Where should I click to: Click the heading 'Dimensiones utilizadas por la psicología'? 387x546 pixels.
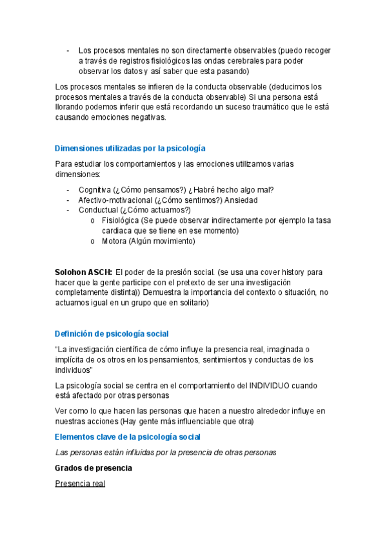130,148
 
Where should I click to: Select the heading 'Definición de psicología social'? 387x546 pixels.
112,334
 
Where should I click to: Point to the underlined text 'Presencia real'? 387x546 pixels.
80,483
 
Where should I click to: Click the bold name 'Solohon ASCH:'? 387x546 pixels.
84,272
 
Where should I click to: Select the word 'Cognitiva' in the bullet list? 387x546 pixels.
95,189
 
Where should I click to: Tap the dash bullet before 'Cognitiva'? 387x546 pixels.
68,189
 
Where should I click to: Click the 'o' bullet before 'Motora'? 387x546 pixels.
94,241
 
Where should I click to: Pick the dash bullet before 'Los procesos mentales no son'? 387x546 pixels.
68,50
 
